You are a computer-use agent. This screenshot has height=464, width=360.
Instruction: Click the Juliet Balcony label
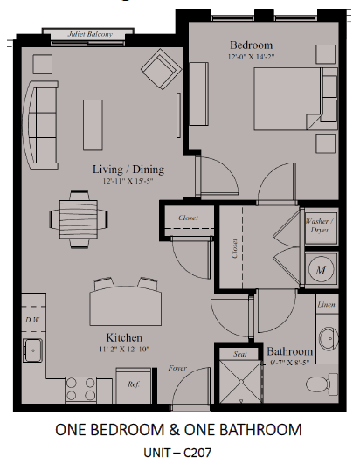[90, 34]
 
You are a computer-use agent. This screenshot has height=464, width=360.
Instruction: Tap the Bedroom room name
[251, 45]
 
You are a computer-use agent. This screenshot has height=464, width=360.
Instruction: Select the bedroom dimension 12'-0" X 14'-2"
[251, 57]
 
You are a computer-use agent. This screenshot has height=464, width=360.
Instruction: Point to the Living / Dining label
[128, 170]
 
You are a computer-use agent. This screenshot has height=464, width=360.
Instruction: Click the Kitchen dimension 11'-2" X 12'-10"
[124, 350]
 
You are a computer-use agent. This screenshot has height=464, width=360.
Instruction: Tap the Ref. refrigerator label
[134, 384]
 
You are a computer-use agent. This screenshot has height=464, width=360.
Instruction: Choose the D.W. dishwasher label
[33, 320]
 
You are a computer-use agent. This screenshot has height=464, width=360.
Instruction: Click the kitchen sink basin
[33, 350]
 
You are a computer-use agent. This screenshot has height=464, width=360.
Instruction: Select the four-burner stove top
[80, 390]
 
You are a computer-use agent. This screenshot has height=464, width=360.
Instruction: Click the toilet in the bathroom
[322, 384]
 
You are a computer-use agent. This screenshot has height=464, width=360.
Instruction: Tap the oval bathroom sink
[329, 338]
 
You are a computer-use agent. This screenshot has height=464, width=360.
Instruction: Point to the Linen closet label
[327, 304]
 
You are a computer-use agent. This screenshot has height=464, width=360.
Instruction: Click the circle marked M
[321, 269]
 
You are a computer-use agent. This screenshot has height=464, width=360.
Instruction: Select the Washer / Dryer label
[320, 225]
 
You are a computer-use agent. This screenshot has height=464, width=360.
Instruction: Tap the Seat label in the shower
[240, 354]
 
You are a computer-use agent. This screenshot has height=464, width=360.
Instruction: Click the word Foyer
[177, 368]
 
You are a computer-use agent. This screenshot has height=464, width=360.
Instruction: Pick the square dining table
[79, 219]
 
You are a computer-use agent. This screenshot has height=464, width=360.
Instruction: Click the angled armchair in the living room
[162, 69]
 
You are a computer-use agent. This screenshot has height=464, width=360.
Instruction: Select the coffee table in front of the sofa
[93, 125]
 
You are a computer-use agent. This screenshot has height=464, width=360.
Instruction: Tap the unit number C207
[197, 453]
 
